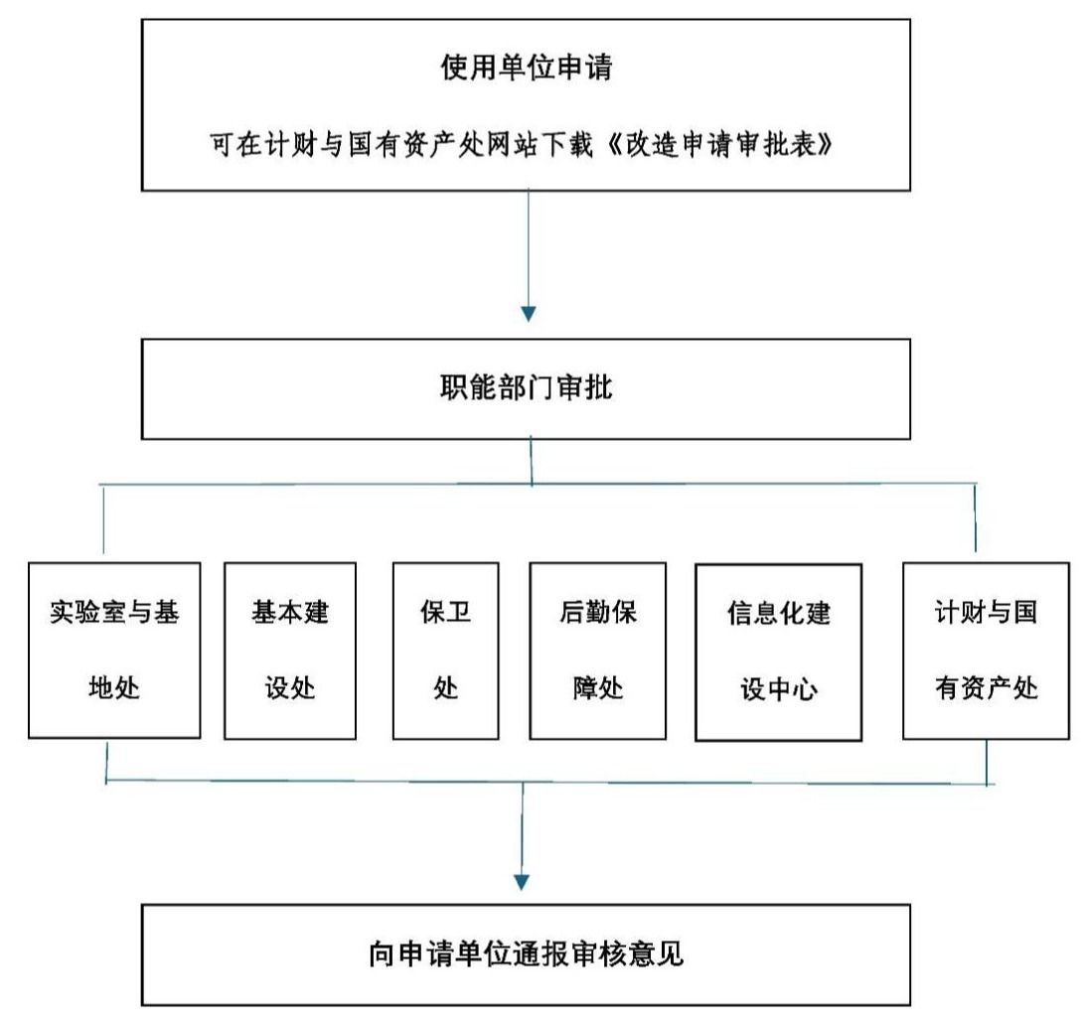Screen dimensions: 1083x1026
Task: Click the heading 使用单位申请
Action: (527, 67)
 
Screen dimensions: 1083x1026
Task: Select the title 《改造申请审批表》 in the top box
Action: (719, 144)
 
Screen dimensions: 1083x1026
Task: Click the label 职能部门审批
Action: (527, 387)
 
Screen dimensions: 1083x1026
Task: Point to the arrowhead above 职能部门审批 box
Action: (529, 314)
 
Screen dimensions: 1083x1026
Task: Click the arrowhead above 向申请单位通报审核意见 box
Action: (522, 882)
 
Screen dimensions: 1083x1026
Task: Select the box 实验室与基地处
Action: (114, 651)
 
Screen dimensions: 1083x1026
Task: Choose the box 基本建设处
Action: (290, 651)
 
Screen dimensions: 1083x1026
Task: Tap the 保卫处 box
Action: (445, 651)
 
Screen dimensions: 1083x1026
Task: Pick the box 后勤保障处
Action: (597, 651)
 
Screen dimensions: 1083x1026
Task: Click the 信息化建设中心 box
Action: (778, 652)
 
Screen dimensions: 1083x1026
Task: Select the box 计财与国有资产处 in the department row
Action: (987, 651)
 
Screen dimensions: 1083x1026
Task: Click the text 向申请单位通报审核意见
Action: (527, 954)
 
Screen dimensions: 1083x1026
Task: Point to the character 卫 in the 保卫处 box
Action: (459, 612)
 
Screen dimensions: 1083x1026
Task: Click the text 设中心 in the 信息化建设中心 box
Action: (778, 688)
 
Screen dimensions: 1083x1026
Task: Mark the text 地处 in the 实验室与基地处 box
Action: (114, 687)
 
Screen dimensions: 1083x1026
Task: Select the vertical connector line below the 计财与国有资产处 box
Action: (987, 762)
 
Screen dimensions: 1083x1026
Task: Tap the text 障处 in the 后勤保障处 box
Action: (597, 687)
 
